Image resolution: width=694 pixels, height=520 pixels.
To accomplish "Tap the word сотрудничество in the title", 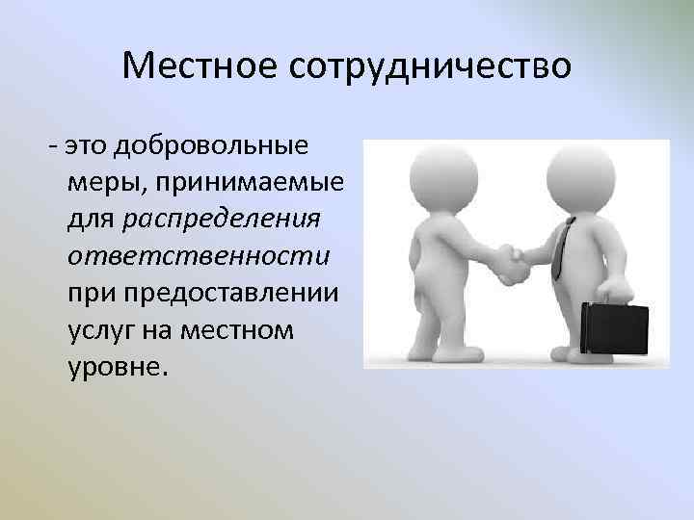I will (x=429, y=66).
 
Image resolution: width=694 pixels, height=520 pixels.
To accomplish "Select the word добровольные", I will (x=211, y=146).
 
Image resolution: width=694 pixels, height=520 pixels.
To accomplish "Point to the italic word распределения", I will (x=222, y=221).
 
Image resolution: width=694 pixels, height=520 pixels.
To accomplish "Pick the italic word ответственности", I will (x=199, y=257).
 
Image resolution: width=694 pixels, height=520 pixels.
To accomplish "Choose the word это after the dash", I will (x=87, y=146).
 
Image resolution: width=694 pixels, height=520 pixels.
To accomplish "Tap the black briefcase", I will (x=614, y=329).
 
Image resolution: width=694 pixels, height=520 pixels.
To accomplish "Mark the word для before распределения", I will (x=93, y=221).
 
